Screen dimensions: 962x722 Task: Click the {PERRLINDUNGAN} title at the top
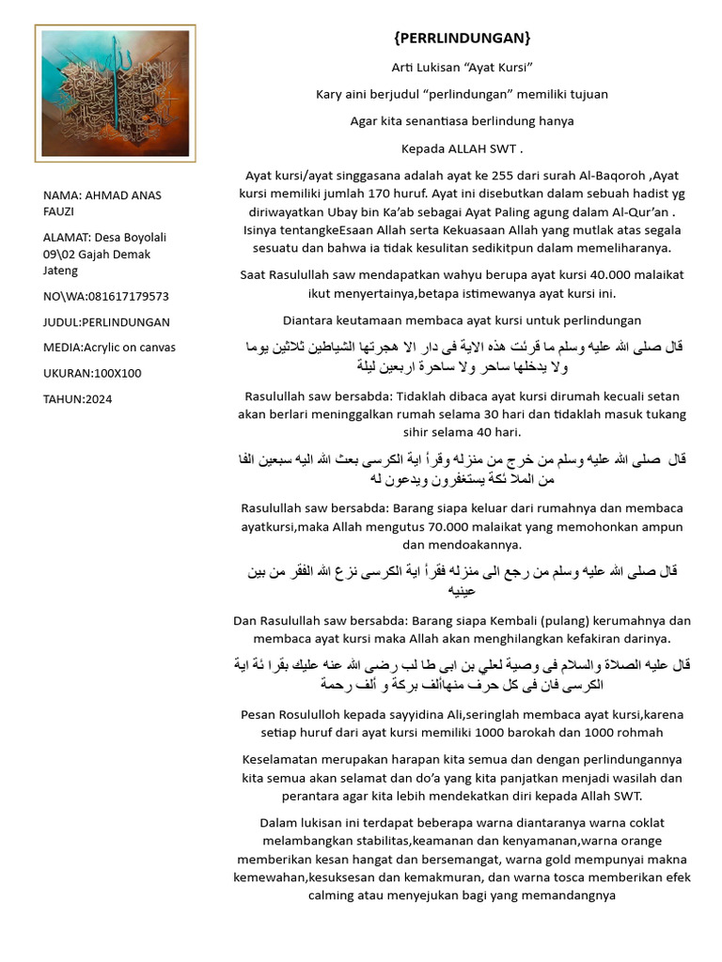462,38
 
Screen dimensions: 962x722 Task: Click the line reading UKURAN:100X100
92,373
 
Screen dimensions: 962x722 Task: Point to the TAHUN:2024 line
77,398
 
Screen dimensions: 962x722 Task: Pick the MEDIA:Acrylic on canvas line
109,348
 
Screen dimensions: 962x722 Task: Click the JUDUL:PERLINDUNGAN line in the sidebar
106,322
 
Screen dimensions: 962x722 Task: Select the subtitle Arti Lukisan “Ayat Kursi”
462,68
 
